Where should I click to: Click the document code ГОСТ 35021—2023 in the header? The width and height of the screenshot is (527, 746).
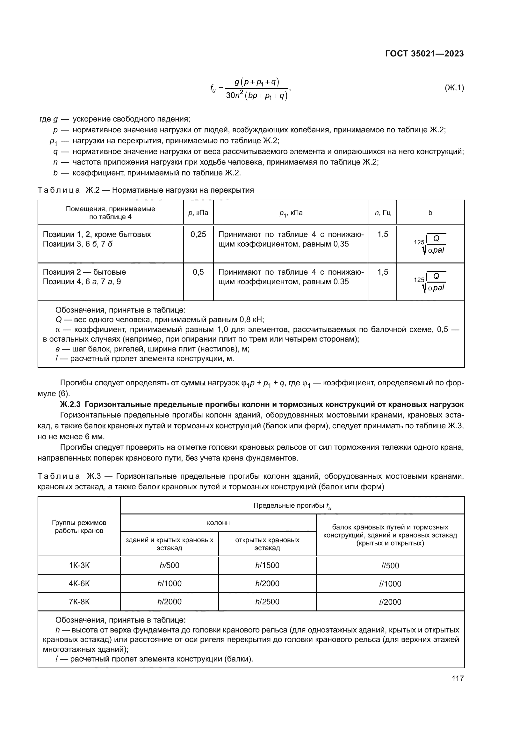(x=424, y=54)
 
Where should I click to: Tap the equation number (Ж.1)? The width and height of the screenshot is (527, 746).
(x=454, y=88)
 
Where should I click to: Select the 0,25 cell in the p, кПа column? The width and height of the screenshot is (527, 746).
(x=198, y=235)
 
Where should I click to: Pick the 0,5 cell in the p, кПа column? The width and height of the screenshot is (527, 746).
(x=198, y=272)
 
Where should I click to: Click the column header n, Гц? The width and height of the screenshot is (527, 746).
(x=382, y=213)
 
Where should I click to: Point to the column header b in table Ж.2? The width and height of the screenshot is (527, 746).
(x=430, y=213)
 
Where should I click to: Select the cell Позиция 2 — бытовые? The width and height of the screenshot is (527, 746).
(x=84, y=272)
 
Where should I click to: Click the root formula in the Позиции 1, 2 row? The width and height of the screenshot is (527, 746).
(x=430, y=244)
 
